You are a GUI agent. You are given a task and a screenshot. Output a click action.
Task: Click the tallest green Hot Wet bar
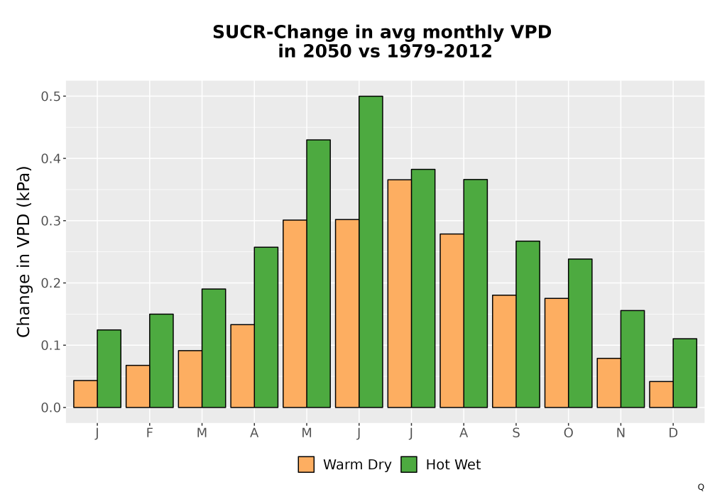point(371,251)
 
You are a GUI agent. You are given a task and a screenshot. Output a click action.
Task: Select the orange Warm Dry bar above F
point(138,386)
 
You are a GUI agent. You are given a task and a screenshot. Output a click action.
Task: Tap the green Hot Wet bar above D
point(684,373)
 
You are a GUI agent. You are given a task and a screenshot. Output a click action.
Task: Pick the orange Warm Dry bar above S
point(504,351)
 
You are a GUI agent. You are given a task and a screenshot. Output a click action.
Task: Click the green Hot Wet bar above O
point(580,333)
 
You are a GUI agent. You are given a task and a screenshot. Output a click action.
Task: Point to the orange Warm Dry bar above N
point(608,383)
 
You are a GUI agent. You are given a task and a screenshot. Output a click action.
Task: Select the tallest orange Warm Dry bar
point(399,293)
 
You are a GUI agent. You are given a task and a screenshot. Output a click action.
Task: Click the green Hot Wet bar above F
point(161,361)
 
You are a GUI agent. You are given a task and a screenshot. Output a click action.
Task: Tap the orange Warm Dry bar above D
point(661,394)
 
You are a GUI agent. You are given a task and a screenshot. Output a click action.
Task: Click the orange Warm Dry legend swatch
point(306,464)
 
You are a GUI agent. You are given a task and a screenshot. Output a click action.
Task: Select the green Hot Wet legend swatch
point(409,464)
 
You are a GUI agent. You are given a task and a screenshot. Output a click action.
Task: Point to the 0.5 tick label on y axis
point(50,97)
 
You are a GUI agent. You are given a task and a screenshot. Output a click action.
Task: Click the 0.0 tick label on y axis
point(50,408)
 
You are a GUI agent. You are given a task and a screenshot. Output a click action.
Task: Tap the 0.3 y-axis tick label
point(50,221)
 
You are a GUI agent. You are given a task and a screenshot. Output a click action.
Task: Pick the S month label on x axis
point(515,433)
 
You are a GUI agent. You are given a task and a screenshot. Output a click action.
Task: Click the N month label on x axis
point(621,433)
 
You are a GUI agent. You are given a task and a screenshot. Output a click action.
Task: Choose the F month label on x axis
point(149,433)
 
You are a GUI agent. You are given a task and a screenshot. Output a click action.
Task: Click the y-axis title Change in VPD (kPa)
point(23,252)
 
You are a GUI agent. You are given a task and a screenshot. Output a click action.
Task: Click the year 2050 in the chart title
point(327,51)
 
